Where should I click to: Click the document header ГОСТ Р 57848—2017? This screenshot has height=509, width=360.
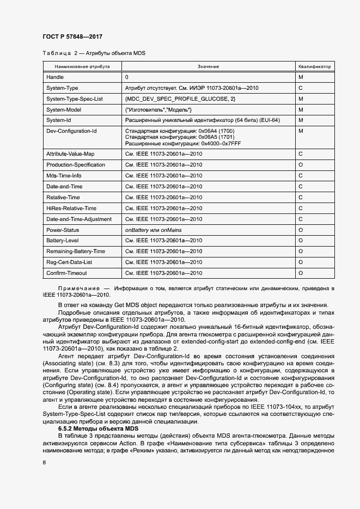72,36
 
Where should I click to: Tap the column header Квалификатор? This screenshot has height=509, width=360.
314,66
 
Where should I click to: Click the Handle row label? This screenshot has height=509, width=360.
55,77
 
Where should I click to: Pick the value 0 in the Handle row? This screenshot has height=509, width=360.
127,77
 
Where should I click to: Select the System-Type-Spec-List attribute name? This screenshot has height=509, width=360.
75,99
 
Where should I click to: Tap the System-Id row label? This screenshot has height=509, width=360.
59,120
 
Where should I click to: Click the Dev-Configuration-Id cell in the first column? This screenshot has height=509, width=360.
71,131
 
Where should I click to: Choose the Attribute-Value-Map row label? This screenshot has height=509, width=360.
70,154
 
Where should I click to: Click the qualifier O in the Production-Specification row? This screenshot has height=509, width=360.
301,165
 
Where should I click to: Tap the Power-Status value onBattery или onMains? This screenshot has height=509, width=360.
156,230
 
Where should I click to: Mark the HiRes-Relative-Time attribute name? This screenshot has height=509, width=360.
71,208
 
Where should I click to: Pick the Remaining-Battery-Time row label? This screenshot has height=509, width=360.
76,252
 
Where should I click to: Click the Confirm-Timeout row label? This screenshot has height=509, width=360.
66,273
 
